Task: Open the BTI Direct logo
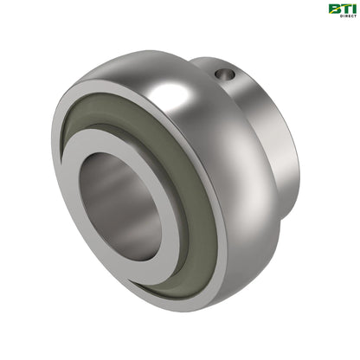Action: (342, 10)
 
